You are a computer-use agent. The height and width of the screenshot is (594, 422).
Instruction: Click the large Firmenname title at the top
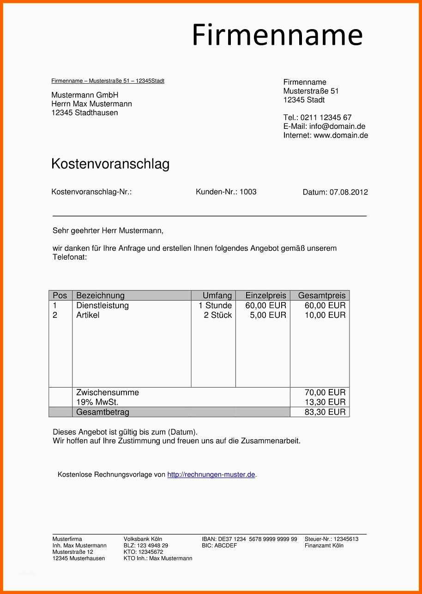[x=277, y=35]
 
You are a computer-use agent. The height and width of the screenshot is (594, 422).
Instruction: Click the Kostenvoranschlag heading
[x=110, y=164]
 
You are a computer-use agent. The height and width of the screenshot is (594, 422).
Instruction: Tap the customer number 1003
[x=248, y=192]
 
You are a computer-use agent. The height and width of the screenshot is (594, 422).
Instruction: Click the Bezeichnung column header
[x=100, y=296]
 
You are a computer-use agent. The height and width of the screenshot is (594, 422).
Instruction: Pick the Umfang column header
[x=217, y=296]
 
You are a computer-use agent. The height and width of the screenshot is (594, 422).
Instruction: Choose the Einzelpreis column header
[x=265, y=296]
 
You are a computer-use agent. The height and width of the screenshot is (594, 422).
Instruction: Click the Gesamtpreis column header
[x=322, y=296]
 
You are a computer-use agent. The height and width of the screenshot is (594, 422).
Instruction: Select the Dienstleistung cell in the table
[x=102, y=306]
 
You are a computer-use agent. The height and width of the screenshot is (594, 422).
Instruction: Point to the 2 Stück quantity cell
[x=218, y=315]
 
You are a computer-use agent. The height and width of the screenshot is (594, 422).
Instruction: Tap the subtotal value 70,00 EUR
[x=325, y=393]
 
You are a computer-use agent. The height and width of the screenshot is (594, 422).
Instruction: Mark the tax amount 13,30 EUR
[x=325, y=402]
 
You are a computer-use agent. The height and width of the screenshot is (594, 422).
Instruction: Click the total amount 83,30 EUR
[x=325, y=412]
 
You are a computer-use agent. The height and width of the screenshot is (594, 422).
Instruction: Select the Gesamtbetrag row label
[x=102, y=412]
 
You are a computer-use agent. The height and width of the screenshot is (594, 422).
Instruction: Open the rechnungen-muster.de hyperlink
[x=211, y=475]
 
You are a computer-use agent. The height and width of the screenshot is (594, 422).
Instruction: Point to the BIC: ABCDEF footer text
[x=219, y=546]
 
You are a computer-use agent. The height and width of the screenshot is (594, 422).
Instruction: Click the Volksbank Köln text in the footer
[x=143, y=539]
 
